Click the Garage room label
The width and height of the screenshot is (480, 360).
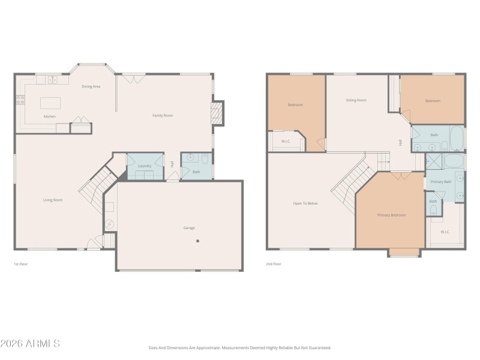189,227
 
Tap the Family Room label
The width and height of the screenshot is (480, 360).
163,115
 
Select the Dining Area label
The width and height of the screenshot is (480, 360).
91,86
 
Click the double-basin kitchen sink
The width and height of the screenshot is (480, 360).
52,79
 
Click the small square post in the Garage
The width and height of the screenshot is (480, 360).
197,241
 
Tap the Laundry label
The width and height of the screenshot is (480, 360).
145,166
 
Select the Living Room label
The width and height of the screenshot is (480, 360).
53,200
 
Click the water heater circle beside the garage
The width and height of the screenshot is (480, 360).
109,224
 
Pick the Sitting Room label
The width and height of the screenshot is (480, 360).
356,100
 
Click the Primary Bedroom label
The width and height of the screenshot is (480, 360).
391,215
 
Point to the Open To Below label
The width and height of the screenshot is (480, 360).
305,203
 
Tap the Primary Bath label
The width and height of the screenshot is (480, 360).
441,181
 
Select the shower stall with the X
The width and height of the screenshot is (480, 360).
433,161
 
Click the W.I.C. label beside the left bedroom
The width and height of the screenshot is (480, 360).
286,142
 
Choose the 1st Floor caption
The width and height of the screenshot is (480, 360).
21,263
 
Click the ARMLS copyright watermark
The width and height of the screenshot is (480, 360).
30,344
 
